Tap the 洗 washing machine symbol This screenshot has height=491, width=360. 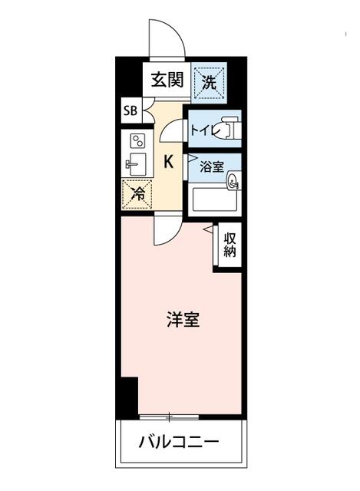209,79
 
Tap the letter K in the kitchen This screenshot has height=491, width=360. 168,161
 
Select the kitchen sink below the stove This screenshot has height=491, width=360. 137,164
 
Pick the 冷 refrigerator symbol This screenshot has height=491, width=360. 137,194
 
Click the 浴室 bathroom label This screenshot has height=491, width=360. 211,165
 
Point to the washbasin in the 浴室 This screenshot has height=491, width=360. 233,181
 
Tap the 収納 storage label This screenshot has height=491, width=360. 230,245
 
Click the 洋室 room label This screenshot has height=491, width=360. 183,320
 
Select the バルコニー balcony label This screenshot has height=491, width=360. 180,442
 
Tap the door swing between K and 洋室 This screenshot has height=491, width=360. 166,230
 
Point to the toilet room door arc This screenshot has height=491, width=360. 174,130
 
